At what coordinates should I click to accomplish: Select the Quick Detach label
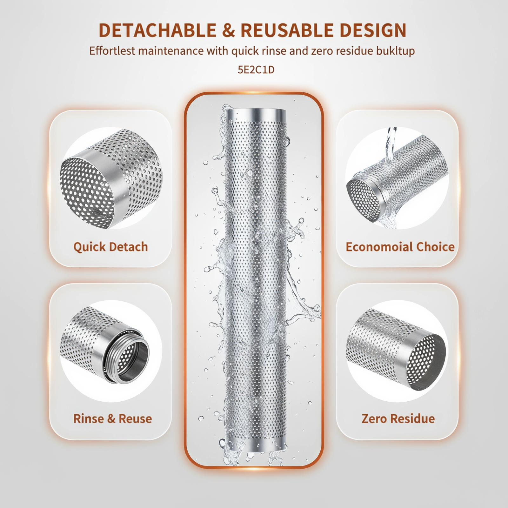pos(110,247)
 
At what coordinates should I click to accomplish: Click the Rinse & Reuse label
pos(112,418)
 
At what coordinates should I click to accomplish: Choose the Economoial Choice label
pos(400,247)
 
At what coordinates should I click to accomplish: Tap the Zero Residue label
pos(398,418)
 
